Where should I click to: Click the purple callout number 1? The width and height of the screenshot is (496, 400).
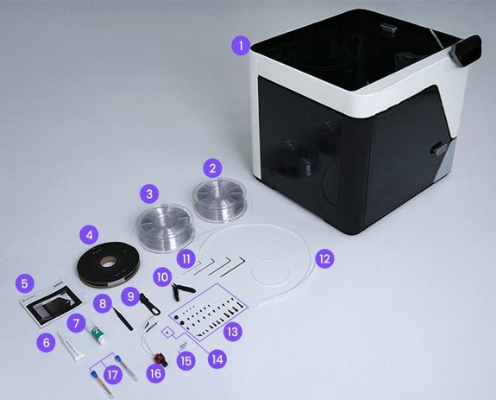pos(242,46)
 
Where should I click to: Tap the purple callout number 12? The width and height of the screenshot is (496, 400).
pos(324,259)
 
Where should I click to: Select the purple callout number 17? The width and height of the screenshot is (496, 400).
pos(112,375)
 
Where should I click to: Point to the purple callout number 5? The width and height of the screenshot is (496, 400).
pos(24,283)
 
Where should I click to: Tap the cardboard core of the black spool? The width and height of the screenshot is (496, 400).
pos(107,262)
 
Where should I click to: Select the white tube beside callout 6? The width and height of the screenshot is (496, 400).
pos(72,347)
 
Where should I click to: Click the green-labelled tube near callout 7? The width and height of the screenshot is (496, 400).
pos(97,333)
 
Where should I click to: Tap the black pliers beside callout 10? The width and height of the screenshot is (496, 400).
pos(181,291)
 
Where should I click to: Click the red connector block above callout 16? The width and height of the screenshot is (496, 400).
pos(160,360)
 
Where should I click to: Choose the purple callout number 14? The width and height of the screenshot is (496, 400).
pos(217,359)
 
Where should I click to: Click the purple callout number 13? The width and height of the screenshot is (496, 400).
pos(233,332)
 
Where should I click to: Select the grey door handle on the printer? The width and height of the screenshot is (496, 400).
pos(439,149)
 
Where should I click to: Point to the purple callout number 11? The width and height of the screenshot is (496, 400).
pos(186,259)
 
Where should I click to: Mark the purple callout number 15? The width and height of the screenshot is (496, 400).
pos(186,361)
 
